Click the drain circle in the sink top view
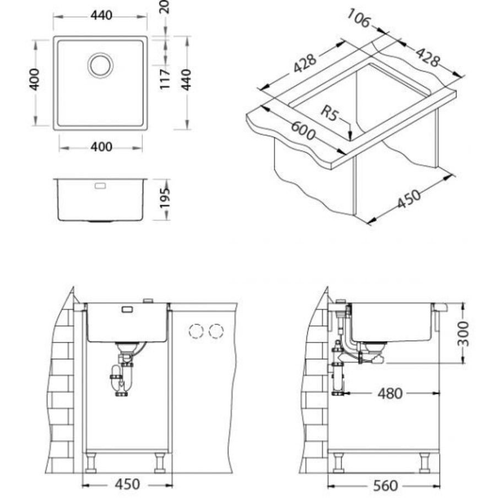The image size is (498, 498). coord(101,65)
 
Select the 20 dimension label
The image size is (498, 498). coord(165,7)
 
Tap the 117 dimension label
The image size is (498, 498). coord(165,79)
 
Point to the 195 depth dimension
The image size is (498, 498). coord(165,198)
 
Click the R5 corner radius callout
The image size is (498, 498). coord(329,113)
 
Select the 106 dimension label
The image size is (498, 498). coord(359,18)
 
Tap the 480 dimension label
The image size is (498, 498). coord(389,394)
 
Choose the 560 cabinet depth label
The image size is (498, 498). coord(385,486)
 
